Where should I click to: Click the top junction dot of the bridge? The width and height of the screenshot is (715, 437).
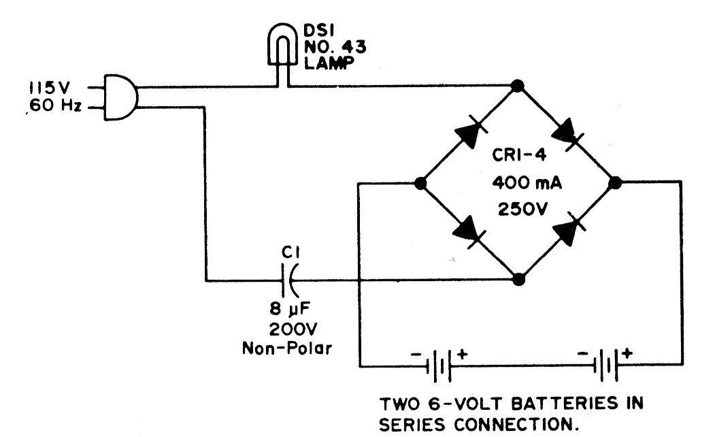517,86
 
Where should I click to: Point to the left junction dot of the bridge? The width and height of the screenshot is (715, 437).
420,183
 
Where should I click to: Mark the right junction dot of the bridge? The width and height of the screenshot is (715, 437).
615,183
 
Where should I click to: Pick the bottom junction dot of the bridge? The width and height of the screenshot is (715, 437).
518,279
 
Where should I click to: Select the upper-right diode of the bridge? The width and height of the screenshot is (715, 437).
567,133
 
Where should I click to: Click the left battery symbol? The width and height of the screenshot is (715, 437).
437,366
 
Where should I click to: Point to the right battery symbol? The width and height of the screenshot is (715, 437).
605,365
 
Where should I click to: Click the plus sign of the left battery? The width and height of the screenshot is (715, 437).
462,353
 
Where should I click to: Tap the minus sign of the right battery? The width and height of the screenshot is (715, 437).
582,353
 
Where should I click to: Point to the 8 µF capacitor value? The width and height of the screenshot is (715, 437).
290,309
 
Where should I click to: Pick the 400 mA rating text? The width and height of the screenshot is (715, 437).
527,183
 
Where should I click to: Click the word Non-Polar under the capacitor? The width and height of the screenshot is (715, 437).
287,349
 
